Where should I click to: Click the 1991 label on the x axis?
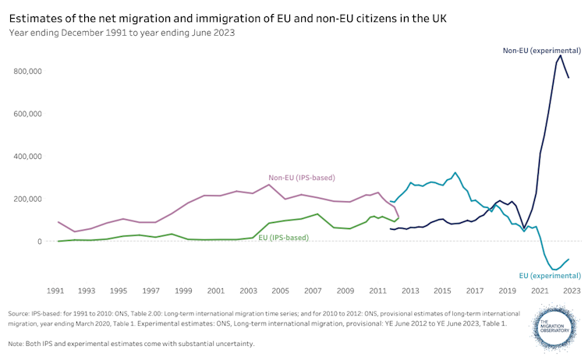tap(55, 291)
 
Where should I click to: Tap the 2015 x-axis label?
tap(441, 291)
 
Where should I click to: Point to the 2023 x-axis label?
tap(571, 291)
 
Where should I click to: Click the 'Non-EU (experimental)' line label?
tap(540, 50)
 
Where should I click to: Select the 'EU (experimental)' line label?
tap(550, 275)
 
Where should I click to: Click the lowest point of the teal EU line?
tap(554, 270)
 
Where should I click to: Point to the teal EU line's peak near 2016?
tap(455, 173)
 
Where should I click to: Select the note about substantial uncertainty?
tap(131, 344)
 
